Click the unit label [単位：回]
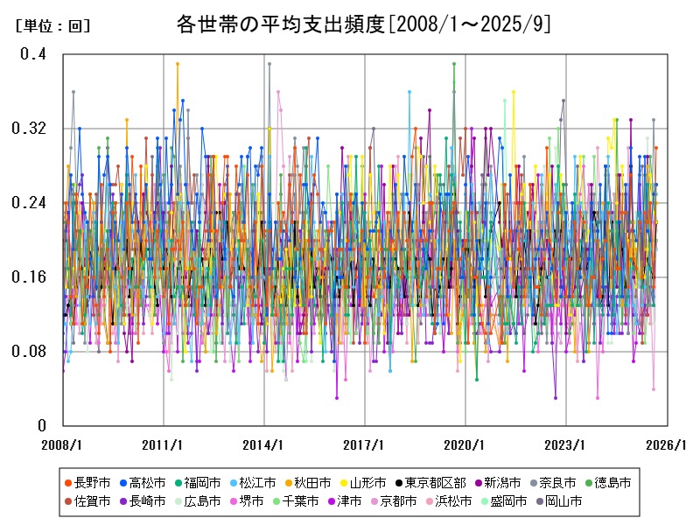pos(52,26)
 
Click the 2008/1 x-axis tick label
pos(63,444)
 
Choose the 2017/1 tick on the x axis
pos(365,444)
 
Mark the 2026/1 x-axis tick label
pos(667,444)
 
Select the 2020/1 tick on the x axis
pos(465,444)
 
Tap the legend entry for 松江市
pos(256,482)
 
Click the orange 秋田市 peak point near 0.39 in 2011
pos(177,64)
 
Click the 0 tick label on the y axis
pos(41,426)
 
